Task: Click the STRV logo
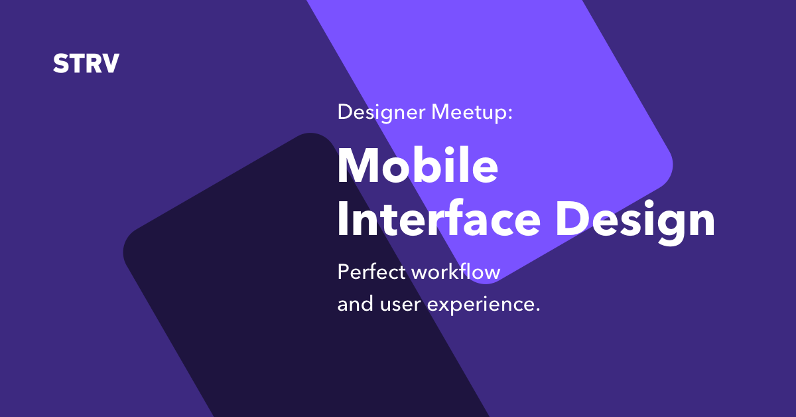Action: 86,64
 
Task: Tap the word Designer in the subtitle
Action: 381,113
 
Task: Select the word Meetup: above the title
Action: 472,113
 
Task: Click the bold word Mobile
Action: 417,166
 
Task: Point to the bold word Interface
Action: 439,218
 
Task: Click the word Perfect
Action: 371,272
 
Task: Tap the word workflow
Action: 456,272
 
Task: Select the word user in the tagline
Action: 400,305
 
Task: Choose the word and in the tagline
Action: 356,303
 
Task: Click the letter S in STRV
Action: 61,64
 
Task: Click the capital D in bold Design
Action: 572,218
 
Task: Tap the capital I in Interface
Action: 343,218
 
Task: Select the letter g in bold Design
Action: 669,227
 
